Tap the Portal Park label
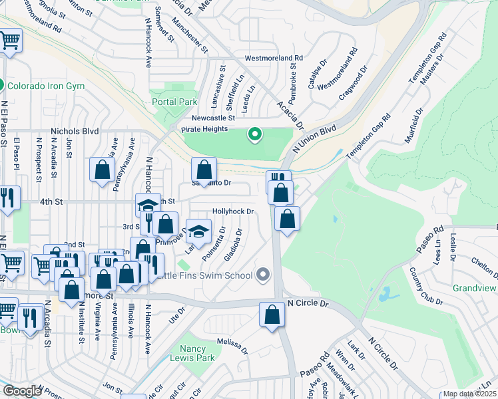[x=174, y=102]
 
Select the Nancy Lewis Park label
[x=198, y=353]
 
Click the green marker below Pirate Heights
[x=254, y=135]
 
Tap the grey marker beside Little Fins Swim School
[x=264, y=275]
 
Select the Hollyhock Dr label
[x=233, y=211]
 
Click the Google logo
[x=22, y=391]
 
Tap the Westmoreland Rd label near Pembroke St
[x=274, y=59]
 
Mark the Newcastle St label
[x=214, y=118]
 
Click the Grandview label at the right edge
[x=475, y=288]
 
